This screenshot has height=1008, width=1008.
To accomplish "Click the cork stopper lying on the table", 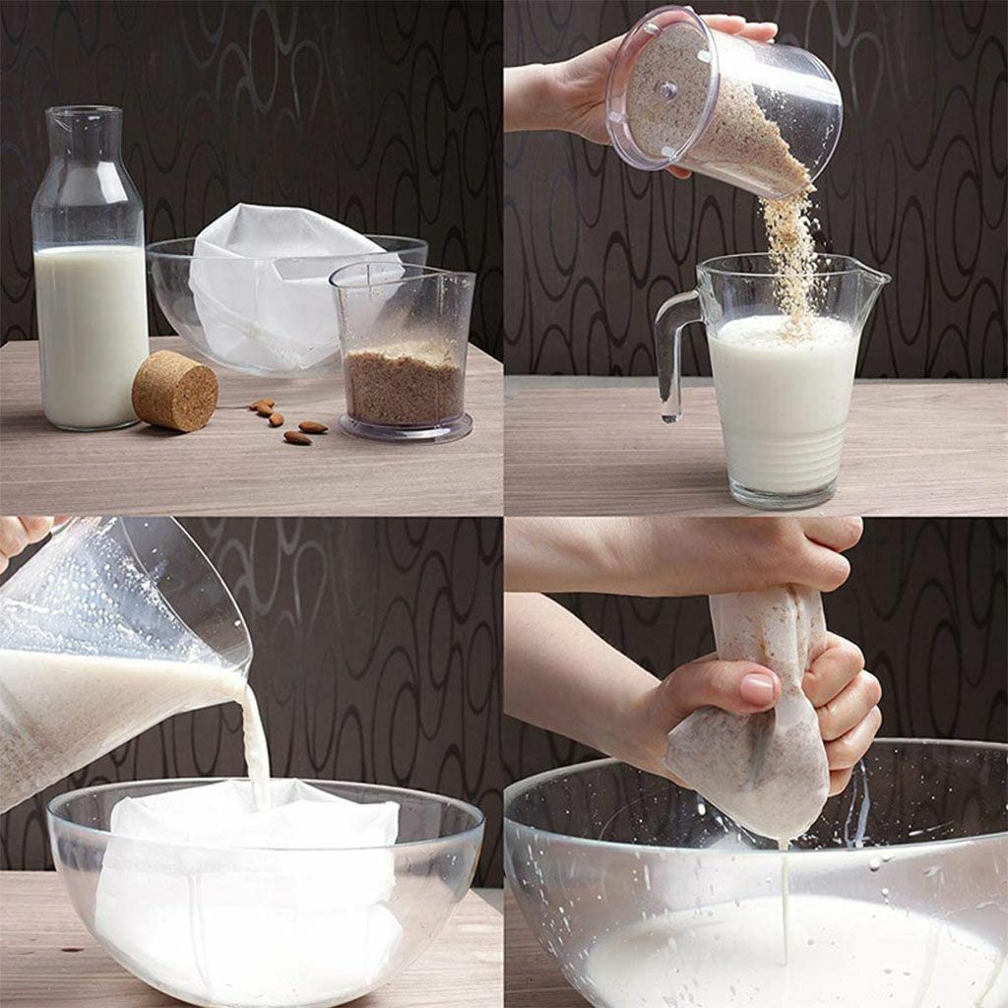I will (174, 392).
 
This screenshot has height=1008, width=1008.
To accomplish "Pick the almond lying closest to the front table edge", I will (297, 438).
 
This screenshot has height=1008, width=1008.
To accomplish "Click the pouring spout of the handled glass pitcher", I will (872, 276).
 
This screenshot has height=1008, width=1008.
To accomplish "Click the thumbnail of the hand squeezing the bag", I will (757, 688).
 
